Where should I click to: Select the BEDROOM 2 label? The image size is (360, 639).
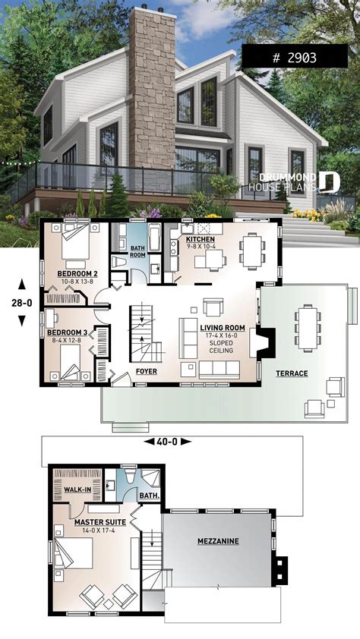click(78, 273)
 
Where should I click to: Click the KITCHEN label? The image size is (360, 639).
click(191, 238)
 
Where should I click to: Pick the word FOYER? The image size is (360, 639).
click(146, 372)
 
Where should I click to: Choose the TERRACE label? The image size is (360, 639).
click(292, 373)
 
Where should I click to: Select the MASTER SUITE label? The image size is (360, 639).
click(99, 523)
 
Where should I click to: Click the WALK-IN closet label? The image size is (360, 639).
click(78, 489)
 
